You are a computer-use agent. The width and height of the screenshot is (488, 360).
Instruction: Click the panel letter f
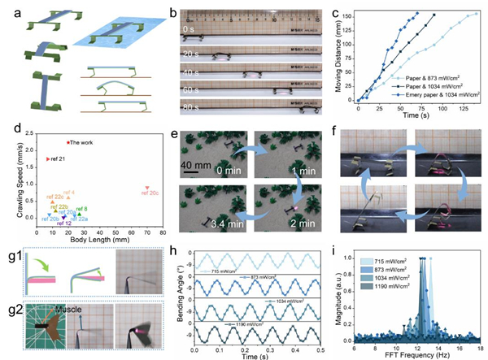point(333,129)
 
